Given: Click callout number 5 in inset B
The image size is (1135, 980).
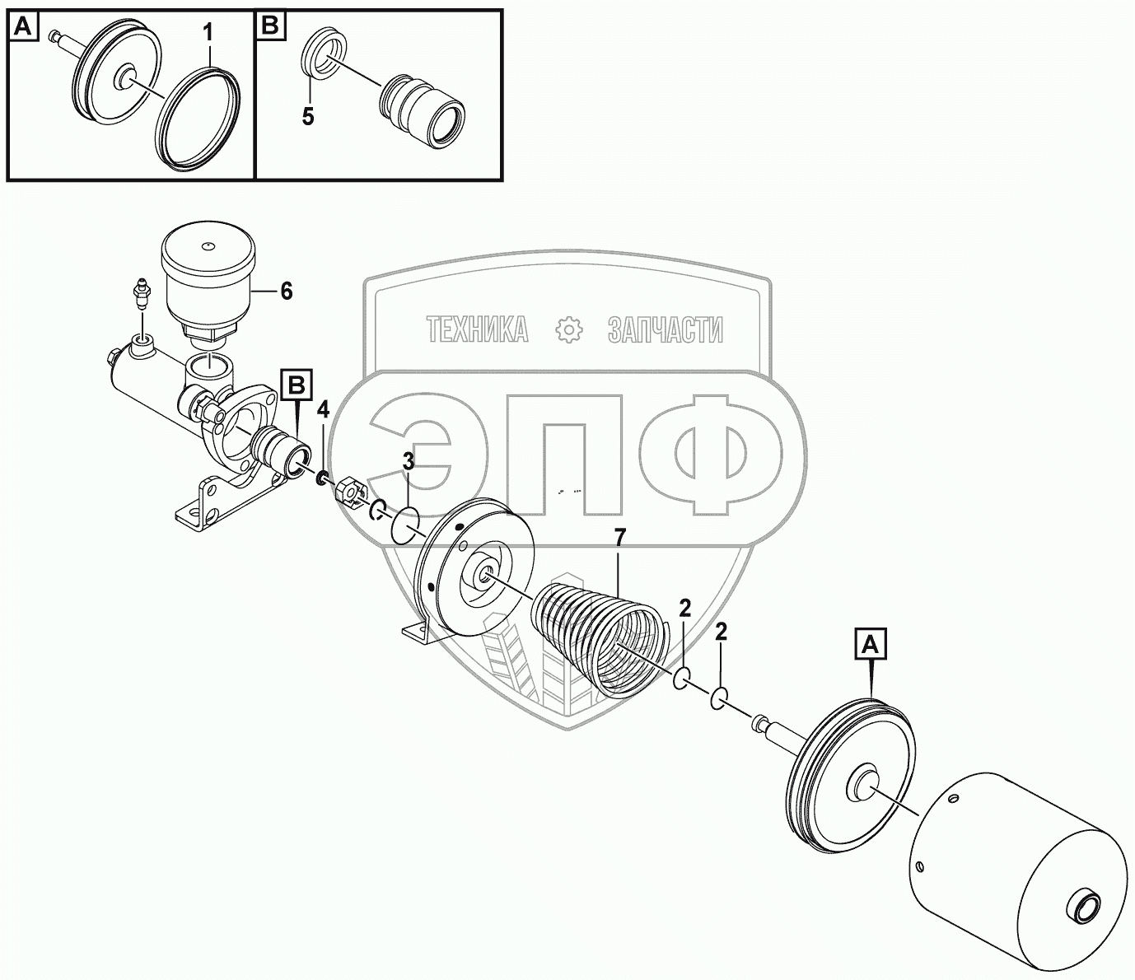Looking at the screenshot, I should click(x=308, y=116).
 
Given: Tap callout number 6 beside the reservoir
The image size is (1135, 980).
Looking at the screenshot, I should click(x=286, y=291).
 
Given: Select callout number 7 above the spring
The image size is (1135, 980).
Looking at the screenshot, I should click(x=619, y=538).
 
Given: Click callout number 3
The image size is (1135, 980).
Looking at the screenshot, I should click(x=409, y=463).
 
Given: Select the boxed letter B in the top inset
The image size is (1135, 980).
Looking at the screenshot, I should click(x=271, y=28).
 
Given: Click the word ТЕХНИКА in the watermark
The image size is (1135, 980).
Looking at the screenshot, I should click(x=477, y=330).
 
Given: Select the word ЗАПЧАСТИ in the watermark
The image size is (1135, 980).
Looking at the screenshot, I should click(x=665, y=330).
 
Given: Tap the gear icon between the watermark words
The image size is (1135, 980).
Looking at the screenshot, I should click(x=568, y=330).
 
